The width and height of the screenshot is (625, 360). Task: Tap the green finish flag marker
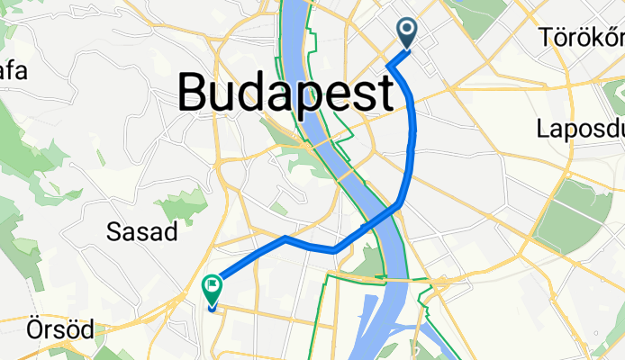pyautogui.click(x=213, y=289)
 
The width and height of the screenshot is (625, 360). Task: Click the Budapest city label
pyautogui.click(x=286, y=91)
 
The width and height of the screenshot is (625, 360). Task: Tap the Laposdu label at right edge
pyautogui.click(x=579, y=128)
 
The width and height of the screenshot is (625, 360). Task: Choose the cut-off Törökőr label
pyautogui.click(x=582, y=38)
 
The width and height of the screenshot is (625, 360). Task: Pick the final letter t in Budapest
pyautogui.click(x=384, y=91)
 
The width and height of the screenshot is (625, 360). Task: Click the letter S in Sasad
pyautogui.click(x=113, y=232)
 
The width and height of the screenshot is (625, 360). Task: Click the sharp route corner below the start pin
pyautogui.click(x=388, y=66)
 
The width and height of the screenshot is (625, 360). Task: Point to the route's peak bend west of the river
pyautogui.click(x=285, y=238)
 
